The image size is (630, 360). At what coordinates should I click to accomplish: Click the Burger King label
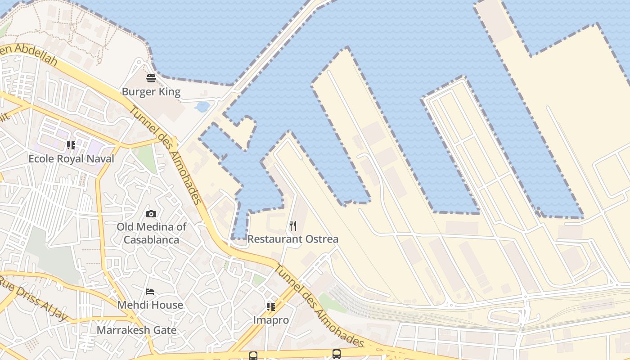pos(151,92)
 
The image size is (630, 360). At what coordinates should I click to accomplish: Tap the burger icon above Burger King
pos(151,78)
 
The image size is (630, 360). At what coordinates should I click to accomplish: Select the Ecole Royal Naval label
pos(71,158)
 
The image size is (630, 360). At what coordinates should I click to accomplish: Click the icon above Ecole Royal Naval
pos(71,145)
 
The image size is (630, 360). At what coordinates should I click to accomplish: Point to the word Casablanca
pos(151,239)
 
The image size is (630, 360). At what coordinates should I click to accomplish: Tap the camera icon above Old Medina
pos(151,214)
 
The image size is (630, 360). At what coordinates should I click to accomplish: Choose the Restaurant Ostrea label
pos(292,239)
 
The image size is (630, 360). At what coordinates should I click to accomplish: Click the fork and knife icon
pos(293,225)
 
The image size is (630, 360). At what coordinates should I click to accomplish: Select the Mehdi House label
pos(150,305)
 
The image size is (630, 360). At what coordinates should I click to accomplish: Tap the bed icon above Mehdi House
pos(150,292)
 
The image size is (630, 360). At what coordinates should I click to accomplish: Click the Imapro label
pos(270,320)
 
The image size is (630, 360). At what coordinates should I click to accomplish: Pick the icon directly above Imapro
pos(270,307)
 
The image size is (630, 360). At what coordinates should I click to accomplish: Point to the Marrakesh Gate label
pos(137,330)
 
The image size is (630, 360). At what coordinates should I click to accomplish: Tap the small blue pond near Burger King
pos(202,107)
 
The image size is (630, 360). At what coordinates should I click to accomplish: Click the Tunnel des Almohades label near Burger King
pos(165,155)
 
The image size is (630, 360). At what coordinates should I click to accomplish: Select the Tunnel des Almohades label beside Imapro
pos(319,306)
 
